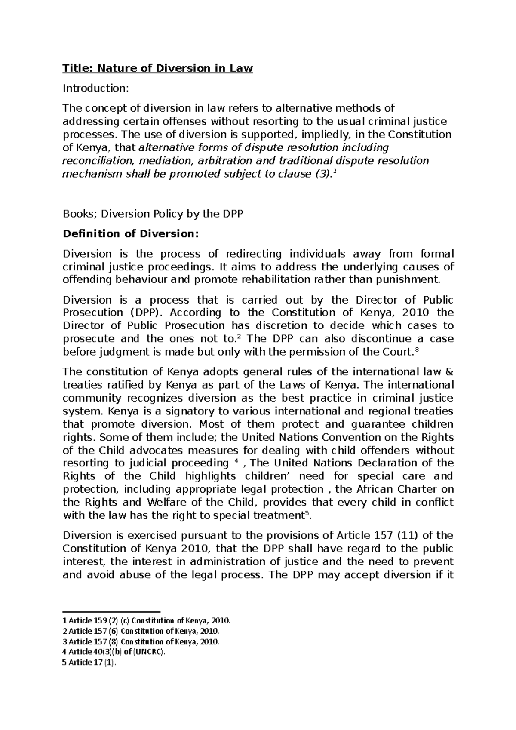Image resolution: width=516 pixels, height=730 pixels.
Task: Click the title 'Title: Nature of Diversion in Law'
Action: (158, 68)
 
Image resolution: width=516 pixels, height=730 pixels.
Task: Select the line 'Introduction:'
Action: (95, 88)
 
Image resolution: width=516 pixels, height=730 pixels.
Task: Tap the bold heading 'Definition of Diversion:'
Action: (131, 234)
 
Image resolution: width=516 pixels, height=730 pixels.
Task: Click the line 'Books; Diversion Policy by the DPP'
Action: (153, 214)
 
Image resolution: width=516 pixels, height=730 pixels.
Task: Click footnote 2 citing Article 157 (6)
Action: (141, 631)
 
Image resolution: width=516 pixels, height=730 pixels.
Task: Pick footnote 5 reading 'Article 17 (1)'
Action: (90, 663)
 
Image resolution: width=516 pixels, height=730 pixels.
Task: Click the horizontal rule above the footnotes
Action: (111, 611)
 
